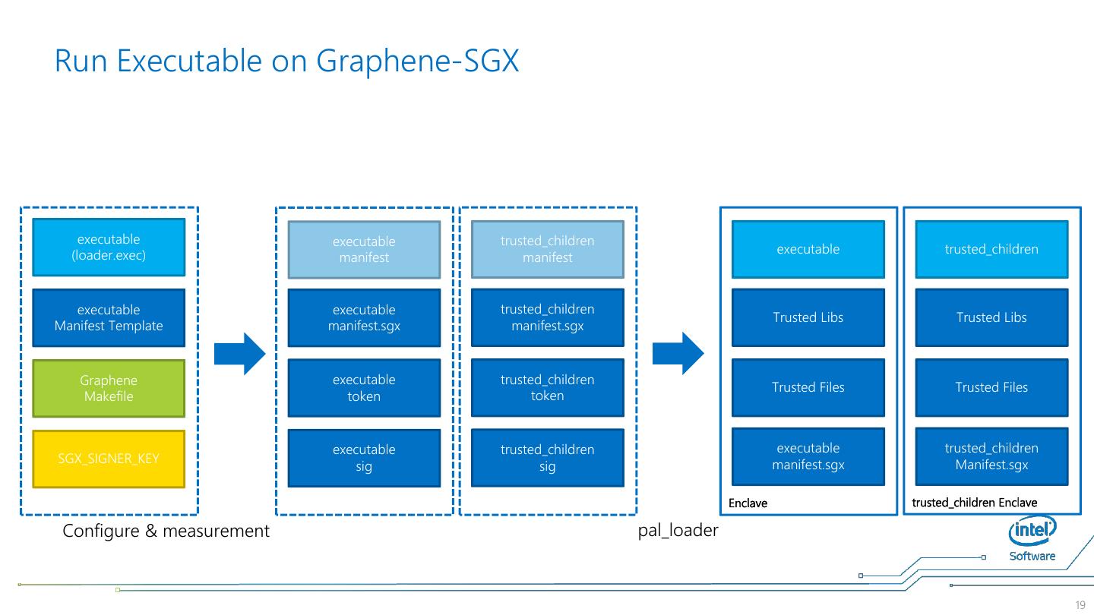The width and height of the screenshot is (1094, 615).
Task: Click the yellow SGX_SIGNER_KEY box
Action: pyautogui.click(x=109, y=459)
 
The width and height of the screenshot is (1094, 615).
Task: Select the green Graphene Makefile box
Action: pyautogui.click(x=109, y=388)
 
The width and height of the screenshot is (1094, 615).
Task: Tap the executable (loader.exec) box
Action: pyautogui.click(x=109, y=247)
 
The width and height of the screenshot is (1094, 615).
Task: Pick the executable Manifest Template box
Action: pyautogui.click(x=109, y=317)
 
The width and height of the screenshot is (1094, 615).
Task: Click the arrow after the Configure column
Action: pyautogui.click(x=239, y=354)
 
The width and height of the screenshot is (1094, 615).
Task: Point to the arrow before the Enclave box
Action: pyautogui.click(x=678, y=354)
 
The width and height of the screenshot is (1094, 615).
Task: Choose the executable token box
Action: pyautogui.click(x=364, y=387)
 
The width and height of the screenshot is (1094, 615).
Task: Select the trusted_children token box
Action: pyautogui.click(x=547, y=387)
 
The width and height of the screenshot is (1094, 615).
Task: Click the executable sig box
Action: pyautogui.click(x=364, y=458)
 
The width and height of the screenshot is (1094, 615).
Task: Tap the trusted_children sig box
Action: pyautogui.click(x=547, y=458)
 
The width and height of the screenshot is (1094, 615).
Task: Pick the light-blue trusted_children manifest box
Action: pyautogui.click(x=547, y=249)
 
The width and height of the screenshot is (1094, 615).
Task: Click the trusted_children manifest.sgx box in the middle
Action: pyautogui.click(x=547, y=317)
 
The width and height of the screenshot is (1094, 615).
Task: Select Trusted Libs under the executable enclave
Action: pyautogui.click(x=808, y=317)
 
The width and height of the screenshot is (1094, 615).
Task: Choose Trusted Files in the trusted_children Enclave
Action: pyautogui.click(x=991, y=387)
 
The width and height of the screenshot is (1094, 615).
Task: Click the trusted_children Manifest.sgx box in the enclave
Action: pyautogui.click(x=991, y=456)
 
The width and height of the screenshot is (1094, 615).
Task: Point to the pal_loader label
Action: pyautogui.click(x=678, y=531)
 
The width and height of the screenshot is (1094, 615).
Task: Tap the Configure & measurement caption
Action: pyautogui.click(x=166, y=531)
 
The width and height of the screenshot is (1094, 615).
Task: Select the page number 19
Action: pyautogui.click(x=1080, y=605)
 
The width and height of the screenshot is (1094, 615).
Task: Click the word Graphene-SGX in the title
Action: pyautogui.click(x=417, y=61)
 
